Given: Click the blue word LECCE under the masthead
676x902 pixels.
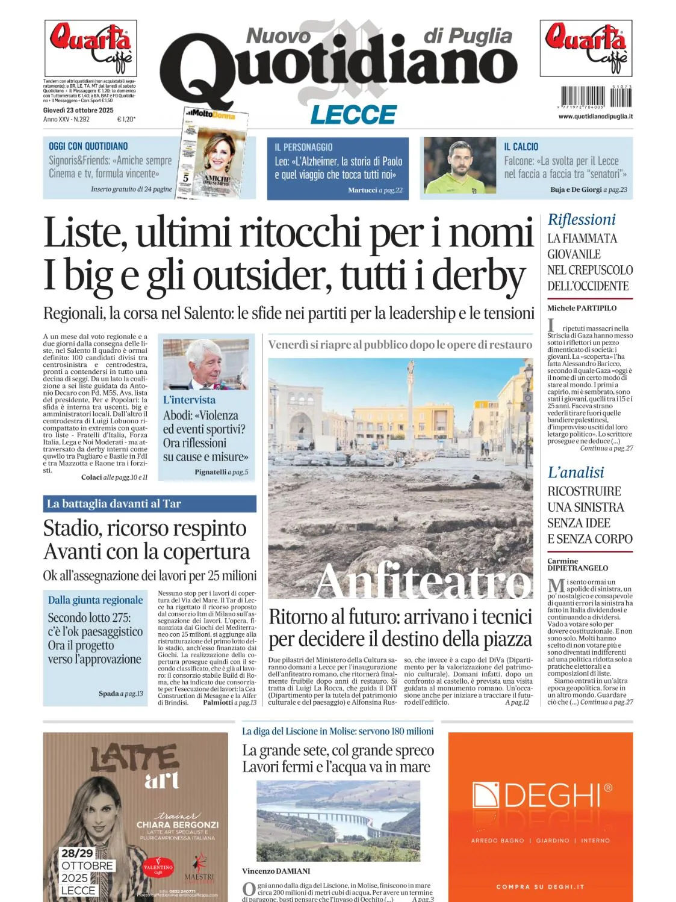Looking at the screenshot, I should click(x=353, y=114).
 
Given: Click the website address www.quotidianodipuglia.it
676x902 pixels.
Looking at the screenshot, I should click(x=595, y=116).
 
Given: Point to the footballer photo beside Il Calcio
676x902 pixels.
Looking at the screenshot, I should click(x=459, y=165).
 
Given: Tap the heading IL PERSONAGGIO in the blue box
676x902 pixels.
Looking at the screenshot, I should click(x=303, y=147).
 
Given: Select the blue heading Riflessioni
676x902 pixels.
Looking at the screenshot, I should click(x=581, y=219).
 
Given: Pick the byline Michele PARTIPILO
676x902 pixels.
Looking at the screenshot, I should click(x=581, y=308).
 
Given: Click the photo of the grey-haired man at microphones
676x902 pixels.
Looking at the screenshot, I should click(x=205, y=364).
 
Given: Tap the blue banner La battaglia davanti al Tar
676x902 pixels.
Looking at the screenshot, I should click(x=114, y=504).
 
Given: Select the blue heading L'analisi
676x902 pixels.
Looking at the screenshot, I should click(x=575, y=472).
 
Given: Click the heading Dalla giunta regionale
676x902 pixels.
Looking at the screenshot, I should click(x=95, y=600).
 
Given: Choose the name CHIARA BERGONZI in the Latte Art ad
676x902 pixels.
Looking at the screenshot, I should click(x=177, y=824).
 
